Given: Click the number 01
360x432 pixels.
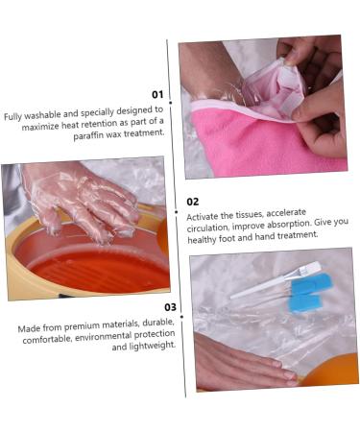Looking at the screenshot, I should pos(157,94).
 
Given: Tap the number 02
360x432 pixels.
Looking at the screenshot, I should pos(193,202).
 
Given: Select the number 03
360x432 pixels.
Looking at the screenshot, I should pos(170,307).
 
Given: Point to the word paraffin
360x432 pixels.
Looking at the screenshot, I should pos(92,135).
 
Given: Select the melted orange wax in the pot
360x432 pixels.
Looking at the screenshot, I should pos(91,269).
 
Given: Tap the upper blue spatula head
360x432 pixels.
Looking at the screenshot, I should pos(311,284).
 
